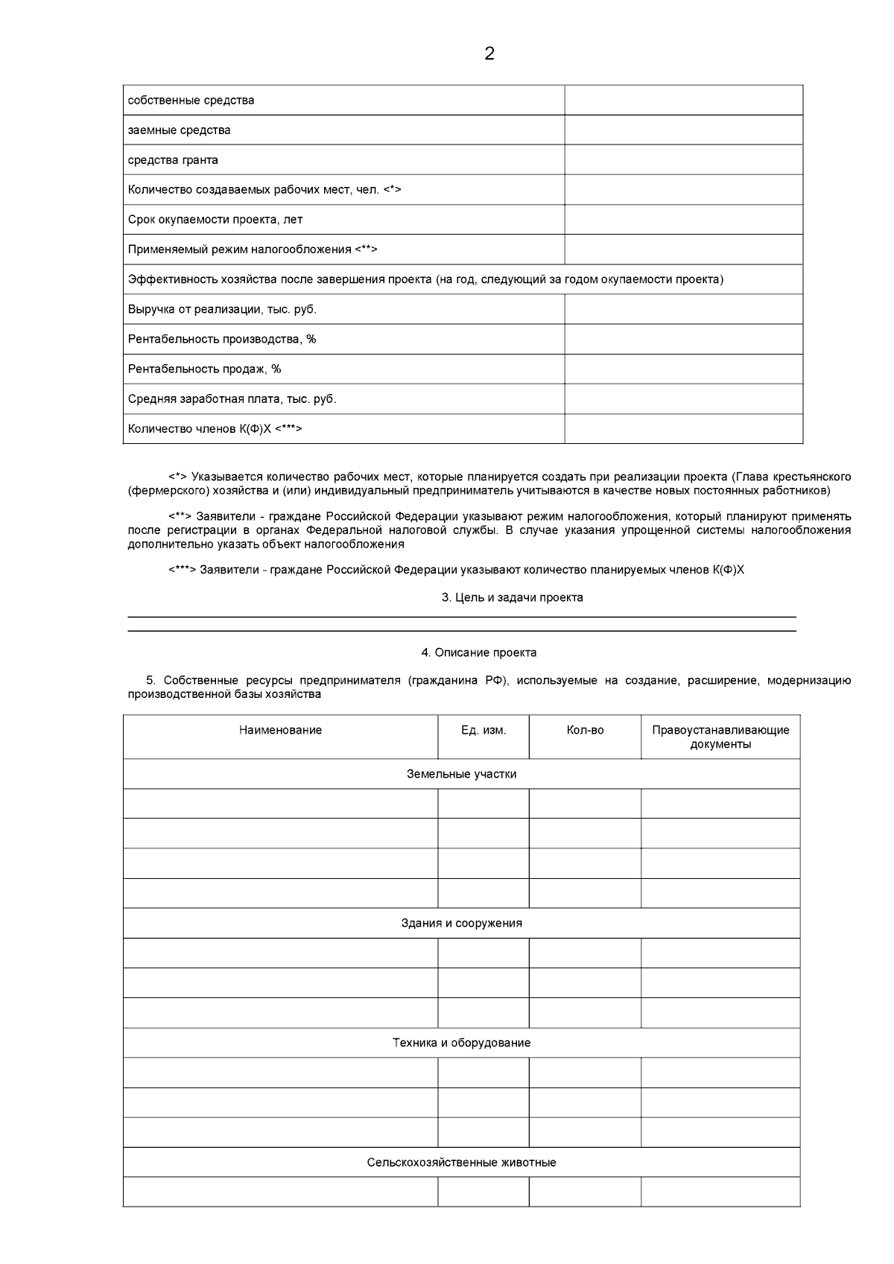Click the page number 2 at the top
489,54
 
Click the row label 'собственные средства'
191,101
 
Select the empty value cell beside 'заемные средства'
683,130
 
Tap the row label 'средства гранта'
173,160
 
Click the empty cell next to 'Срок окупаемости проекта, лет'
683,220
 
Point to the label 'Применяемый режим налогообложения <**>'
253,250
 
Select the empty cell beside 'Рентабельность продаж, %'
683,369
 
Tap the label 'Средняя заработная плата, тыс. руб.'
232,399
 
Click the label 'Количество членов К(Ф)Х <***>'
215,429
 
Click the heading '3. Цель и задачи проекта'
513,597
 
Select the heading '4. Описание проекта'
479,652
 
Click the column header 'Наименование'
280,730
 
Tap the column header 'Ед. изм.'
484,730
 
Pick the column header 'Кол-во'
585,730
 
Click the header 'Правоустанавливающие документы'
720,737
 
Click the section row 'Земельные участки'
461,774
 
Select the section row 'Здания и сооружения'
461,923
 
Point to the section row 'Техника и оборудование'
461,1043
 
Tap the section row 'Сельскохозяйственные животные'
461,1162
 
